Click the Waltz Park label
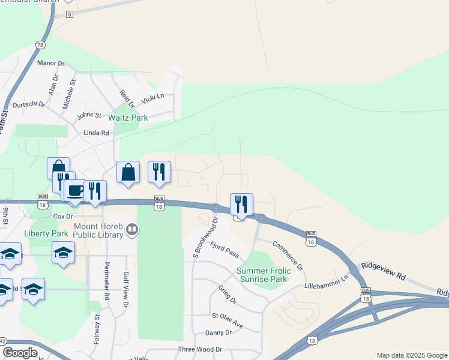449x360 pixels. point(127,118)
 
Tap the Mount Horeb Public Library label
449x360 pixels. point(99,230)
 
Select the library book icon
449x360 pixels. point(133,229)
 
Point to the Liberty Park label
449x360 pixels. point(46,233)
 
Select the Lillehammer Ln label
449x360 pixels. point(327,283)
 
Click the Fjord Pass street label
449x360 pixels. point(224,250)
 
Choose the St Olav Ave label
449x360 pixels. point(228,320)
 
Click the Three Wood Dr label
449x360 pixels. point(200,349)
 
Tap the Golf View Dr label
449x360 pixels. point(126,289)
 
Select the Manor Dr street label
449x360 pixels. point(50,63)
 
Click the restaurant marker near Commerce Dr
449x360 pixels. point(241,204)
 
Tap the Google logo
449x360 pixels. point(20,353)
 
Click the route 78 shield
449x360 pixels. point(40,45)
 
